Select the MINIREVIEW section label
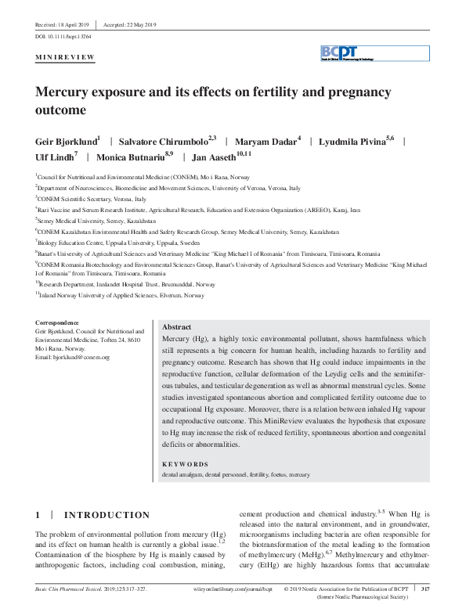pos(65,58)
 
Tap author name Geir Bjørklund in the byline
pos(67,142)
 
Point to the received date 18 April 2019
pos(62,24)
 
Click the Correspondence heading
pos(57,322)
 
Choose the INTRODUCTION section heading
pos(106,515)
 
